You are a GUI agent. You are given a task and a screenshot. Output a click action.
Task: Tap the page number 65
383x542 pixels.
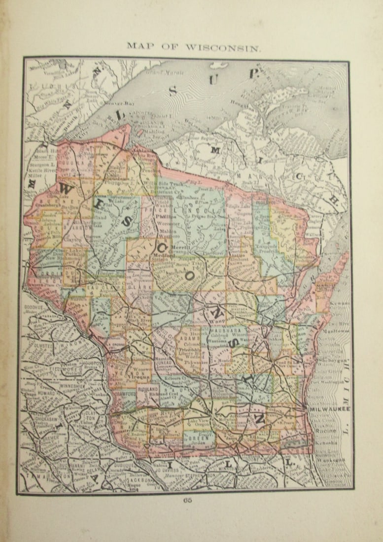click(187, 501)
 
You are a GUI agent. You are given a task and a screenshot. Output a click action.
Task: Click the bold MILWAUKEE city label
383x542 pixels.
click(330, 408)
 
